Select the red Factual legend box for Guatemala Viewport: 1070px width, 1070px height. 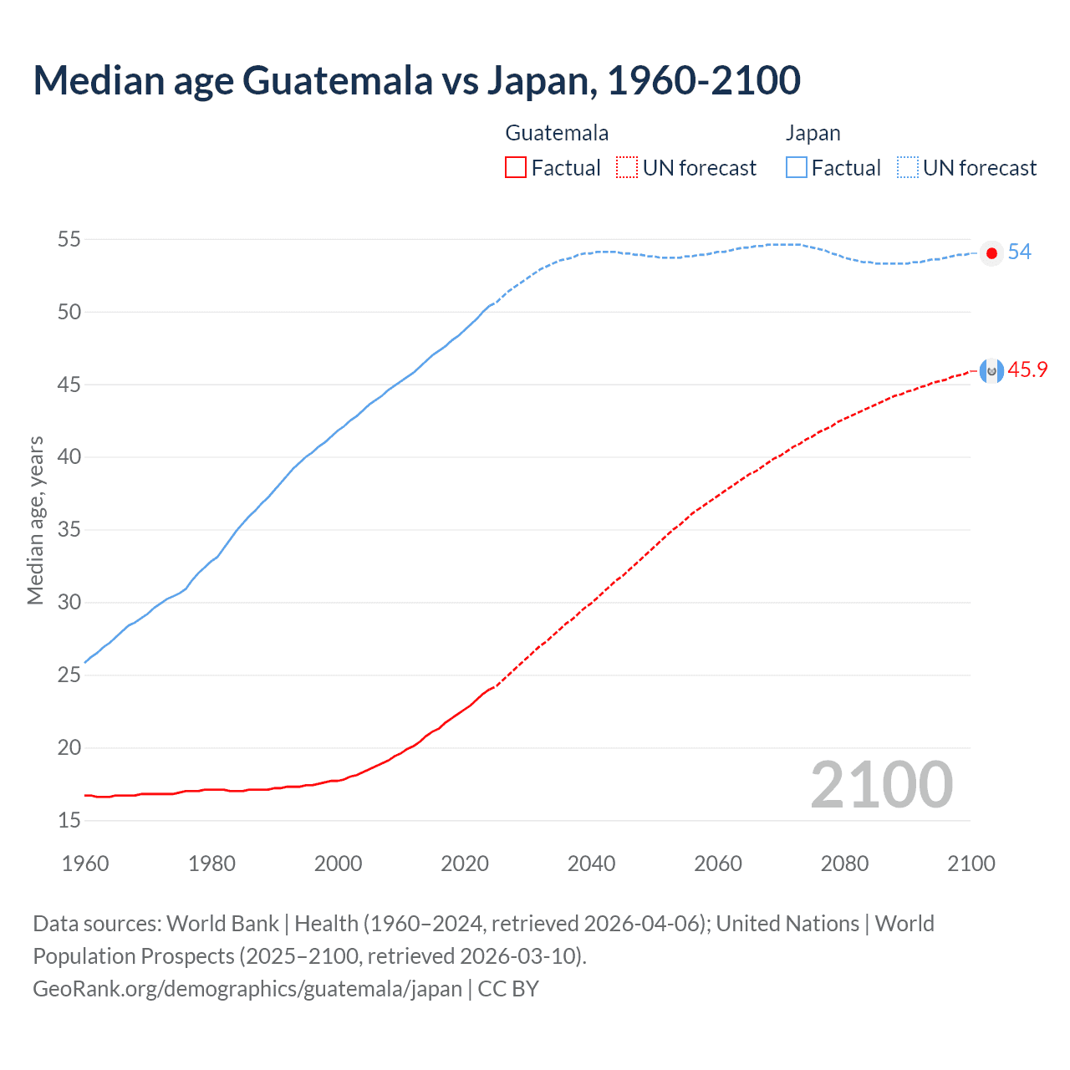[516, 168]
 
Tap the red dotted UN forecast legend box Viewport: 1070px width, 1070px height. [627, 168]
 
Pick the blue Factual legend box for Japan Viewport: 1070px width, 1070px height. [797, 168]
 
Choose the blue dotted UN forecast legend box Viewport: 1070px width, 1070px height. [908, 168]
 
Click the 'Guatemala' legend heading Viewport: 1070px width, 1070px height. [557, 133]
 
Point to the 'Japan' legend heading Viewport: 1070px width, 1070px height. [813, 133]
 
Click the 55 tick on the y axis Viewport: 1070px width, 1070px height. [69, 240]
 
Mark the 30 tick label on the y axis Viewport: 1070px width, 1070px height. [69, 603]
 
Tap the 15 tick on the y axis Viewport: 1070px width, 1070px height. [69, 821]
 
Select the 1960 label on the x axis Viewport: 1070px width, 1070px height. [85, 864]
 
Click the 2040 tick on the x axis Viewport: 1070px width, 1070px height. [591, 864]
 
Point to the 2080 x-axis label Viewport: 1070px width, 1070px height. [844, 864]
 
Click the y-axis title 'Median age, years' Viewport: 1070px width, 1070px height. [35, 520]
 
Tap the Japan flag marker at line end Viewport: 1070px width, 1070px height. [991, 253]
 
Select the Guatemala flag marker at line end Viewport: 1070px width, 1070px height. [991, 370]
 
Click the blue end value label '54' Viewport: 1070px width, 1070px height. [1019, 252]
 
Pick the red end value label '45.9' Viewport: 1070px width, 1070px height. [1027, 370]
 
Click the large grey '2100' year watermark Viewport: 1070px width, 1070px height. [881, 784]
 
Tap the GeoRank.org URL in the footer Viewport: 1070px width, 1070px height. [247, 989]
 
